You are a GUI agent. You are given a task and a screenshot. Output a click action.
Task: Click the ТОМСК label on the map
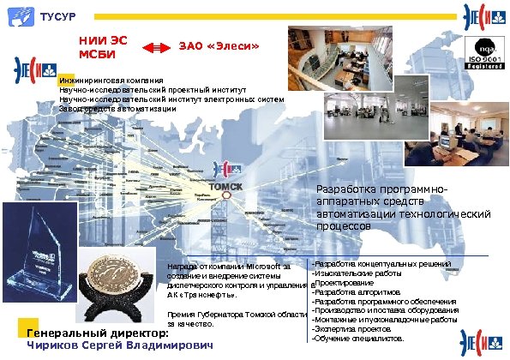(225, 187)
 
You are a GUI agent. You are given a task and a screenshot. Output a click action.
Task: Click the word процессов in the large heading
(344, 227)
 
